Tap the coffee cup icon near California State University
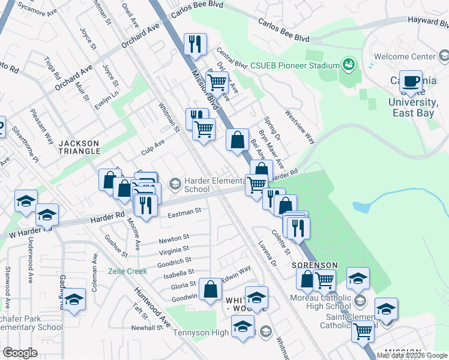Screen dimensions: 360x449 pos(411,81)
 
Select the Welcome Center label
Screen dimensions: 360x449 pos(404,56)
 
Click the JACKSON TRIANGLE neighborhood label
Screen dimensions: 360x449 pos(79,146)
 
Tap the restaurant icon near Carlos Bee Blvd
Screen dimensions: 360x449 pos(195,44)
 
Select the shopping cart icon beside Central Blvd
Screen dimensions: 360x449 pos(217,82)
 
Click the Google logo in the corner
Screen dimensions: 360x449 pos(20,353)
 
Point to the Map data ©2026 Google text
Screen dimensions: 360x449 pos(412,355)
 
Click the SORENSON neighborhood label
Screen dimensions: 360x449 pos(315,265)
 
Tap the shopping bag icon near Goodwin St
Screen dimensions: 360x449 pos(211,289)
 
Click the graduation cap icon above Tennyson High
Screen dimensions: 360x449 pos(256,298)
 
